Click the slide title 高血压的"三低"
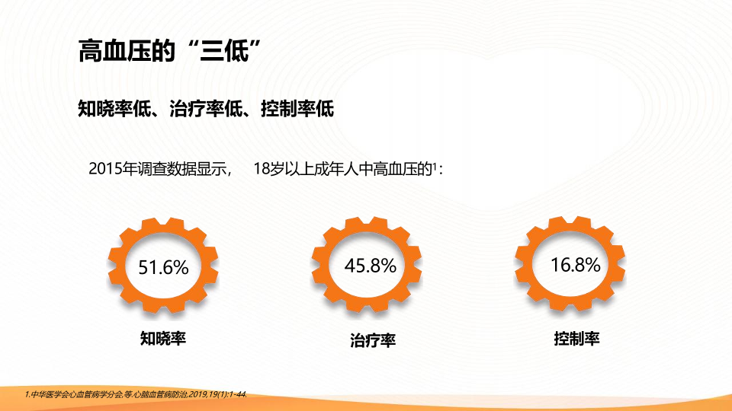[x=169, y=51]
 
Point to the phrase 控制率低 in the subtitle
[x=297, y=109]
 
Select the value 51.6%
[x=163, y=267]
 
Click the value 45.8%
[x=371, y=266]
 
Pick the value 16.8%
[x=576, y=265]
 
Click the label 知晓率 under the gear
[x=163, y=338]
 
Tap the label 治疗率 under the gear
[x=373, y=340]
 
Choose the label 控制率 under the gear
[x=576, y=338]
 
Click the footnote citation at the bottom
[x=136, y=395]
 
